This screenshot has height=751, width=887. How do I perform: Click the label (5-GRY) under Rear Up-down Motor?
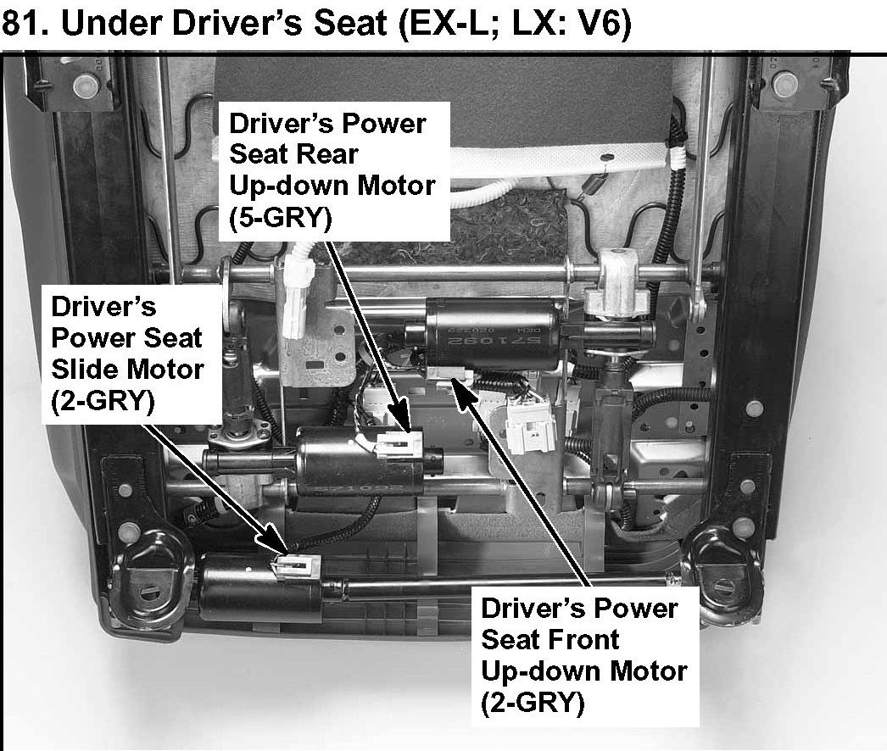[281, 217]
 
